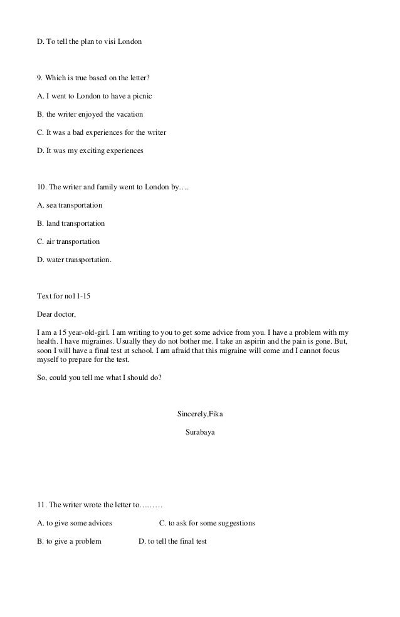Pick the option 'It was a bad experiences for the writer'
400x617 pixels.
click(102, 133)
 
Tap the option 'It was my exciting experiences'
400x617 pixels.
click(91, 151)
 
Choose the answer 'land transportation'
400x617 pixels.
click(71, 223)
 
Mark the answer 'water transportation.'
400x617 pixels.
click(75, 260)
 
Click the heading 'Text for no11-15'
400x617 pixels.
click(67, 295)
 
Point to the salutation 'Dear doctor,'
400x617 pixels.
click(56, 314)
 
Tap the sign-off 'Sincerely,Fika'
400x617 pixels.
click(205, 414)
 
